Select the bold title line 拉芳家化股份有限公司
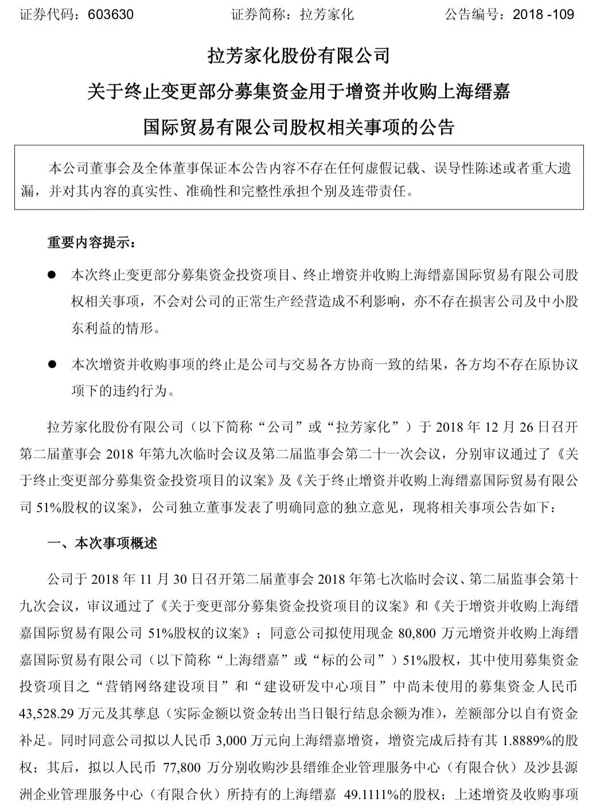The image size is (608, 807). [x=298, y=56]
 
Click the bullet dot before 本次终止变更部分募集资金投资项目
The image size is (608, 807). [x=52, y=275]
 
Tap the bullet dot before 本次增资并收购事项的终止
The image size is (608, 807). [x=52, y=364]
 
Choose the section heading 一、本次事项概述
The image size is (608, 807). [x=103, y=543]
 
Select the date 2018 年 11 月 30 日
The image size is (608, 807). [x=145, y=579]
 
